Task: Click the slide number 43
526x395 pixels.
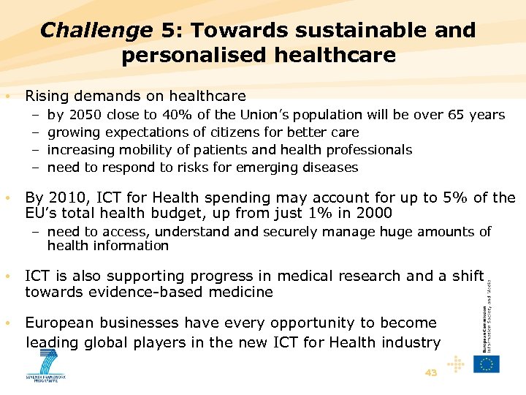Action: click(x=431, y=373)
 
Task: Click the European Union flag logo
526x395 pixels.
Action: click(x=486, y=364)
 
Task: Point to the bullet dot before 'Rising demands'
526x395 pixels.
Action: click(x=7, y=96)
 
